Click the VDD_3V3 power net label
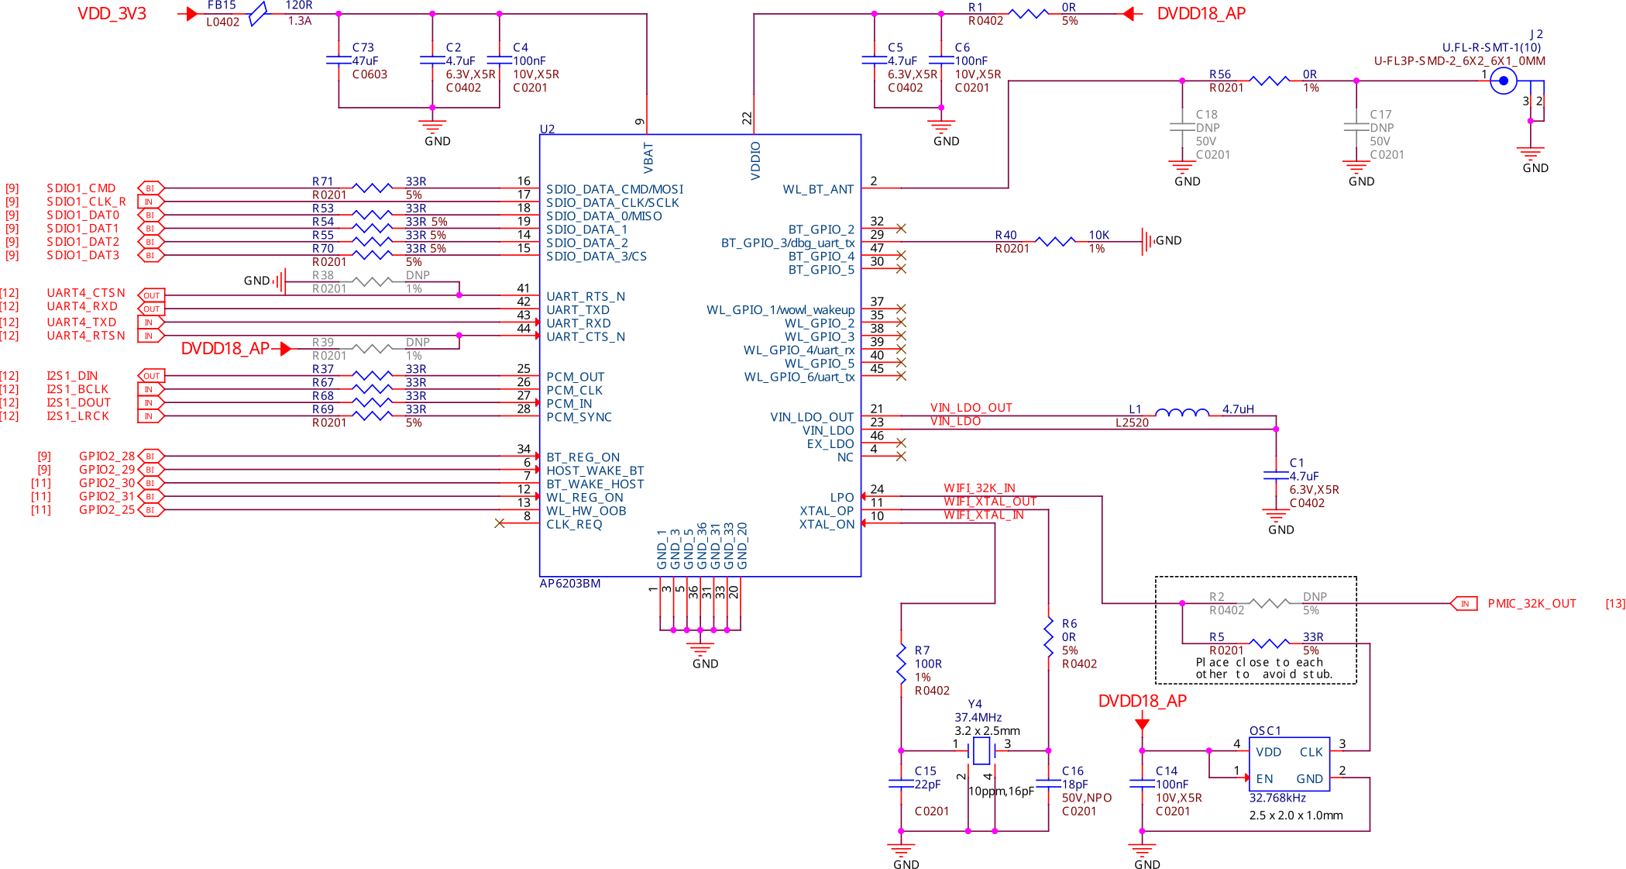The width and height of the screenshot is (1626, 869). click(x=112, y=14)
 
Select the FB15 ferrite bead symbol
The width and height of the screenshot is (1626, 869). click(x=257, y=13)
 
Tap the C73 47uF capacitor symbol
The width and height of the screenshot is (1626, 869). click(x=339, y=60)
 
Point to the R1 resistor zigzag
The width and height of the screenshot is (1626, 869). click(x=1029, y=14)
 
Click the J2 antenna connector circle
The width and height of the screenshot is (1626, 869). click(x=1504, y=81)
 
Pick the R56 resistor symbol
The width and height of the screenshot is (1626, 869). click(x=1270, y=81)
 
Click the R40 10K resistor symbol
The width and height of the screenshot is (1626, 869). click(x=1054, y=242)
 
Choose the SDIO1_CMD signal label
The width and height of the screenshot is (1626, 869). click(x=81, y=188)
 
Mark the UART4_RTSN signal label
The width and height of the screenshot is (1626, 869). click(x=86, y=336)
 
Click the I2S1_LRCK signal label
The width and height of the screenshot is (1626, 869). click(x=77, y=416)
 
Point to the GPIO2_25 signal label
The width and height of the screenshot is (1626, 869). click(x=107, y=510)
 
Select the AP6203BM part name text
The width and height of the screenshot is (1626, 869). click(x=569, y=584)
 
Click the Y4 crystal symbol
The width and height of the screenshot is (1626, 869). click(x=981, y=750)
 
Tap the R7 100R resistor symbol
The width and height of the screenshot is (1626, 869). click(x=901, y=664)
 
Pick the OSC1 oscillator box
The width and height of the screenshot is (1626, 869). click(x=1289, y=764)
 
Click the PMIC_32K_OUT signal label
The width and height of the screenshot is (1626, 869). click(x=1531, y=604)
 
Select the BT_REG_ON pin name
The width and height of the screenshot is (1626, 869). click(x=583, y=457)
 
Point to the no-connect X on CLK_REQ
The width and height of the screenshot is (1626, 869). click(x=500, y=523)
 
